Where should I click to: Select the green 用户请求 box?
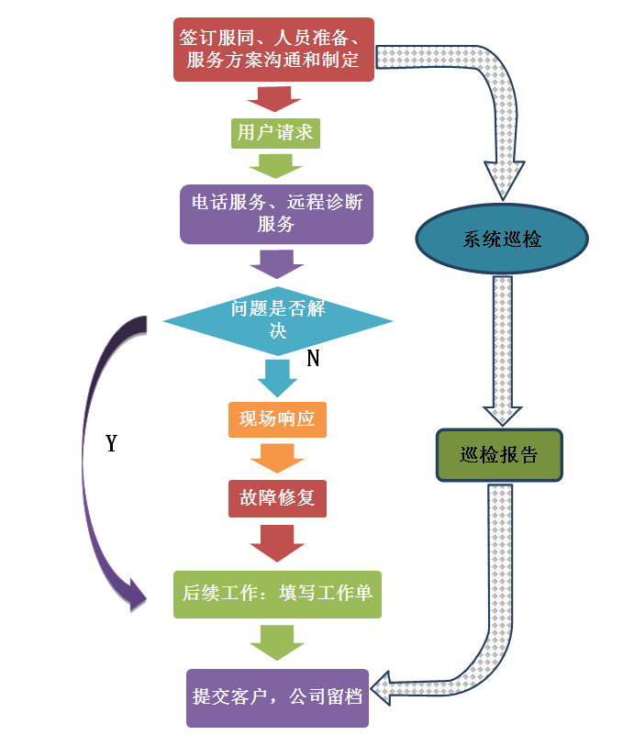pyautogui.click(x=275, y=132)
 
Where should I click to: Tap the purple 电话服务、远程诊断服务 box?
pyautogui.click(x=276, y=213)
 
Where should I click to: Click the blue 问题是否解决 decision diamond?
pyautogui.click(x=278, y=320)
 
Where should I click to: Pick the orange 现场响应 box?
pyautogui.click(x=277, y=418)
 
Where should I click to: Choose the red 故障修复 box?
pyautogui.click(x=277, y=497)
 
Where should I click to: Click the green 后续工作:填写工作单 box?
pyautogui.click(x=276, y=593)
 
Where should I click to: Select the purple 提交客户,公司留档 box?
pyautogui.click(x=277, y=696)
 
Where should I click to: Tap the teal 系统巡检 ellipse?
pyautogui.click(x=502, y=239)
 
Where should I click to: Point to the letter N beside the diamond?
pyautogui.click(x=313, y=359)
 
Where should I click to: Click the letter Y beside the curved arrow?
pyautogui.click(x=112, y=443)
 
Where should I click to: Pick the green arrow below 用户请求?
pyautogui.click(x=275, y=166)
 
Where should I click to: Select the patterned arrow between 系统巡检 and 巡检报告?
pyautogui.click(x=502, y=349)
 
